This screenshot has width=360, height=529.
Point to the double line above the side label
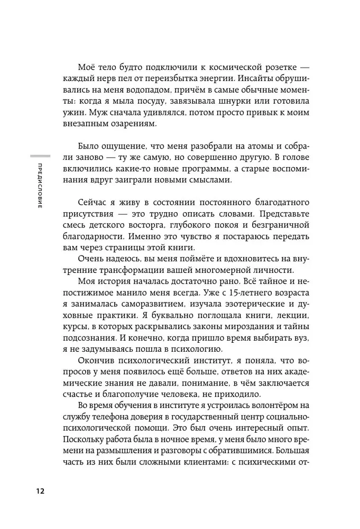pyautogui.click(x=41, y=156)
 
